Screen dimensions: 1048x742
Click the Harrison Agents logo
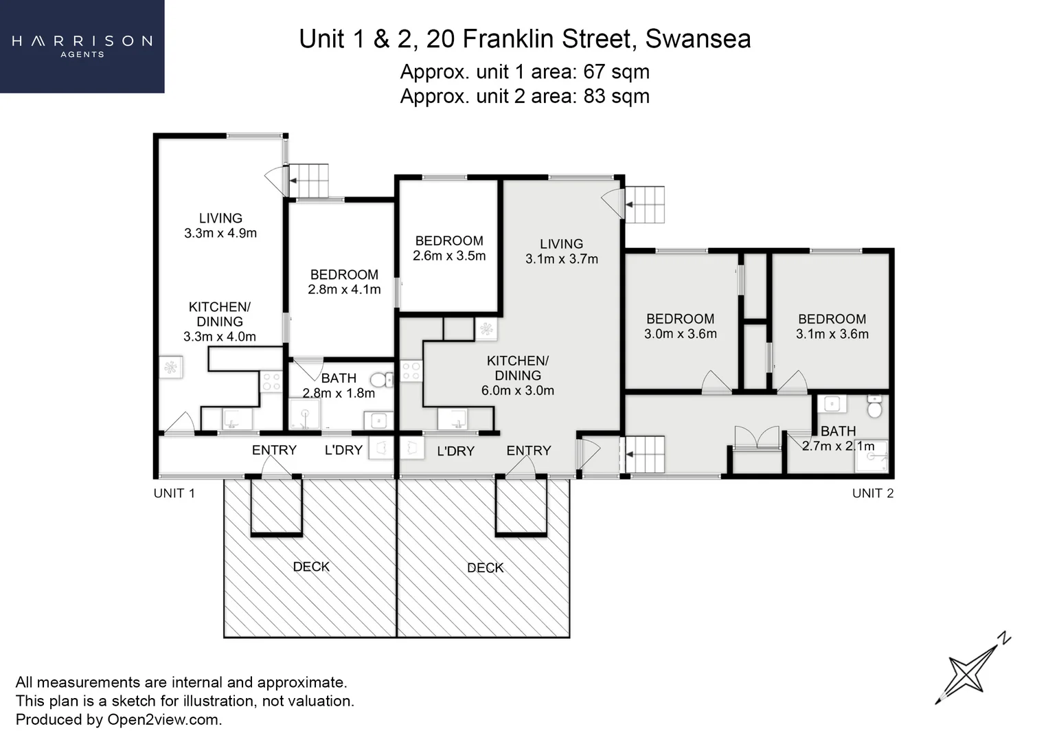pyautogui.click(x=82, y=46)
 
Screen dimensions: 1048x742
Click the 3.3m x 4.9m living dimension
pyautogui.click(x=220, y=233)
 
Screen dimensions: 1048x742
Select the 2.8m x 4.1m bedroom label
pyautogui.click(x=344, y=282)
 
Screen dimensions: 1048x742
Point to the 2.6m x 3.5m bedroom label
pyautogui.click(x=449, y=248)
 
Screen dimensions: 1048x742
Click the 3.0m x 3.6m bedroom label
pyautogui.click(x=681, y=326)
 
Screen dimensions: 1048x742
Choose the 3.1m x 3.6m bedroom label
pyautogui.click(x=832, y=326)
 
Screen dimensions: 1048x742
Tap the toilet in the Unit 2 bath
pyautogui.click(x=874, y=406)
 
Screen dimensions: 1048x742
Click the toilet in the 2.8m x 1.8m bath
pyautogui.click(x=382, y=380)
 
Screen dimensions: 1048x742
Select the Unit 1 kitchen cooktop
pyautogui.click(x=271, y=381)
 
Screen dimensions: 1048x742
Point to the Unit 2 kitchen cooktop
pyautogui.click(x=411, y=371)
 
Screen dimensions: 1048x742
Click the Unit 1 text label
pyautogui.click(x=174, y=493)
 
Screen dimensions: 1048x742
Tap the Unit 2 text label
pyautogui.click(x=873, y=493)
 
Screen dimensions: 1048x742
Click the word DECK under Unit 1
pyautogui.click(x=311, y=567)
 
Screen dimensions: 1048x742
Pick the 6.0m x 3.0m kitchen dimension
pyautogui.click(x=518, y=390)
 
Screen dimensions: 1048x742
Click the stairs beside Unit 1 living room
pyautogui.click(x=308, y=181)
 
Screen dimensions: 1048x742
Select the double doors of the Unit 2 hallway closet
pyautogui.click(x=757, y=437)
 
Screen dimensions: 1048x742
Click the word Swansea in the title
pyautogui.click(x=698, y=39)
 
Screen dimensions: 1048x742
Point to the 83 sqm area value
pyautogui.click(x=616, y=96)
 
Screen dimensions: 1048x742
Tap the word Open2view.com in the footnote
pyautogui.click(x=165, y=719)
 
